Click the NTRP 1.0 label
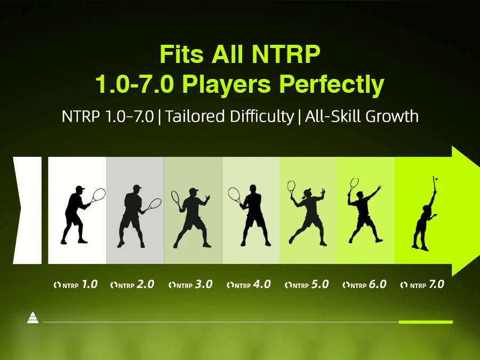(x=76, y=285)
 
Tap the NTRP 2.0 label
(x=132, y=285)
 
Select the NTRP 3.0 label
(x=190, y=285)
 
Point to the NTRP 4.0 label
(x=249, y=285)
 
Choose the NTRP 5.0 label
(x=307, y=285)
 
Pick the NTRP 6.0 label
(x=364, y=285)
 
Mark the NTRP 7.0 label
(x=422, y=285)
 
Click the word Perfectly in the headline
(x=332, y=84)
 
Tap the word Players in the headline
(x=227, y=84)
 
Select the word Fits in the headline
(x=181, y=54)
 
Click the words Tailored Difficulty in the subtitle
(x=229, y=116)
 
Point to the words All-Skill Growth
(x=362, y=116)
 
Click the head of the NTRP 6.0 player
(x=361, y=195)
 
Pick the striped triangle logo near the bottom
(x=33, y=318)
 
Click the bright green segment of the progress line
(x=426, y=322)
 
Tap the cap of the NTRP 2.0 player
(x=137, y=187)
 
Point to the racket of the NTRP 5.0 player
(x=291, y=187)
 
